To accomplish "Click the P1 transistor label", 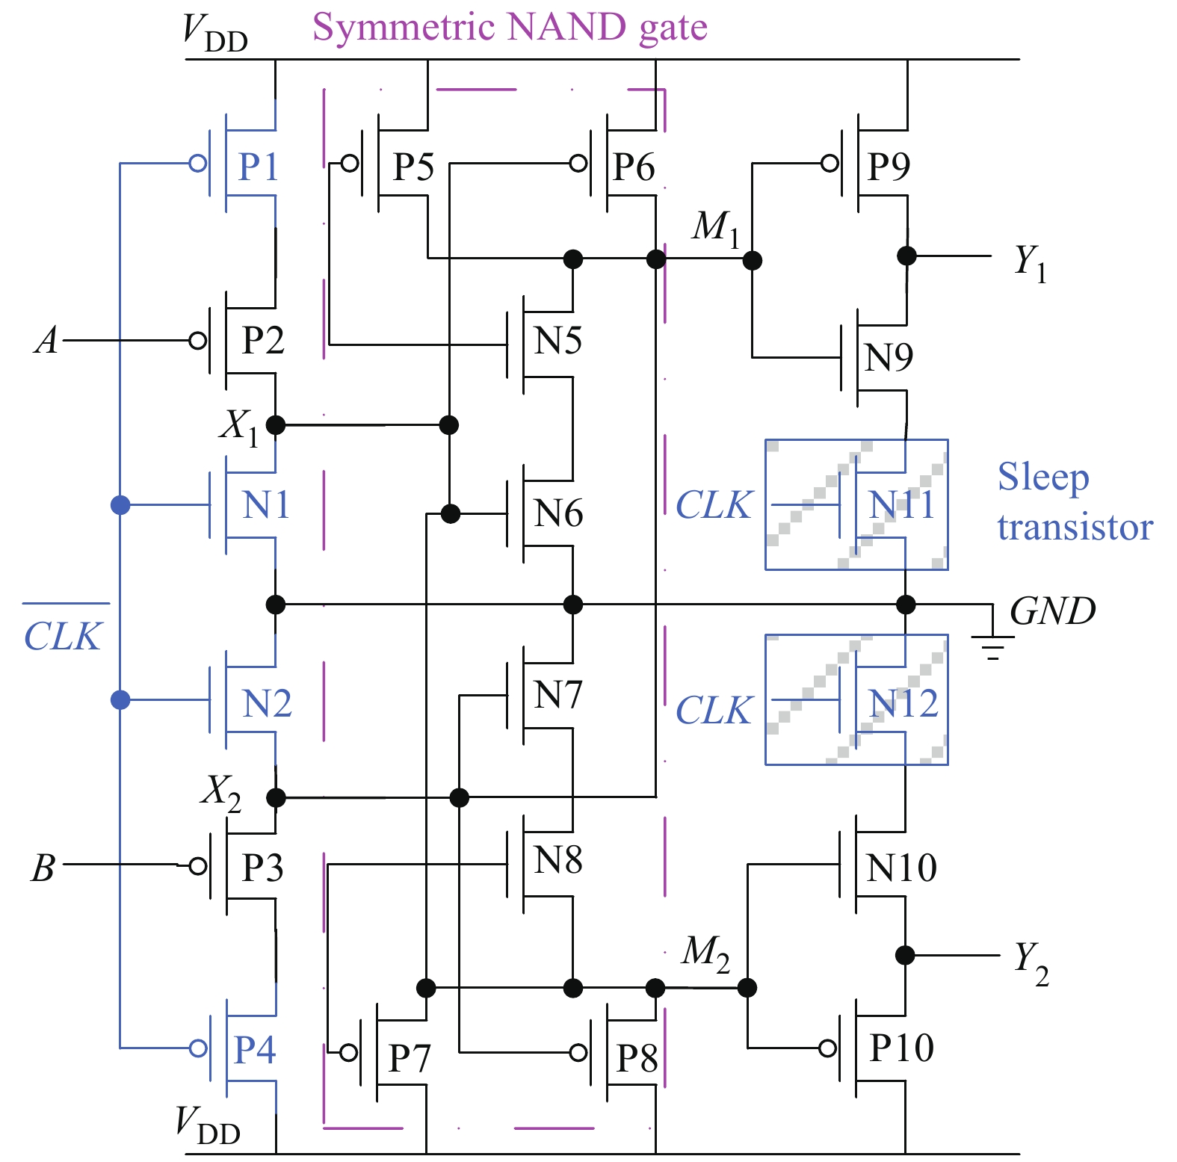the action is click(x=258, y=166).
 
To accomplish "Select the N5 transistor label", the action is click(x=558, y=341).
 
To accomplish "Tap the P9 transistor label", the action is click(x=889, y=166).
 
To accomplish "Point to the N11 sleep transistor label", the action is click(x=902, y=505).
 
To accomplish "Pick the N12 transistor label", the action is click(x=903, y=703).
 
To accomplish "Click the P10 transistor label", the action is click(x=902, y=1048).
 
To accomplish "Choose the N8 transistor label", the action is click(x=558, y=860).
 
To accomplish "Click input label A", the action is click(x=46, y=341).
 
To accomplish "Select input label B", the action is click(x=43, y=868).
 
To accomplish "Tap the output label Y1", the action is click(x=1030, y=263).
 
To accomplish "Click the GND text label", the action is click(x=1053, y=611).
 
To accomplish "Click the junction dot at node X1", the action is click(x=276, y=425).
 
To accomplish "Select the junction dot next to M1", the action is click(x=753, y=260).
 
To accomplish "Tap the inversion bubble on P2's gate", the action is click(x=198, y=341).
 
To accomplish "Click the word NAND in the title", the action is click(x=566, y=27).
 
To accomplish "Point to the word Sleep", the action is click(x=1044, y=478).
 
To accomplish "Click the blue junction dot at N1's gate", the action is click(x=120, y=505).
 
